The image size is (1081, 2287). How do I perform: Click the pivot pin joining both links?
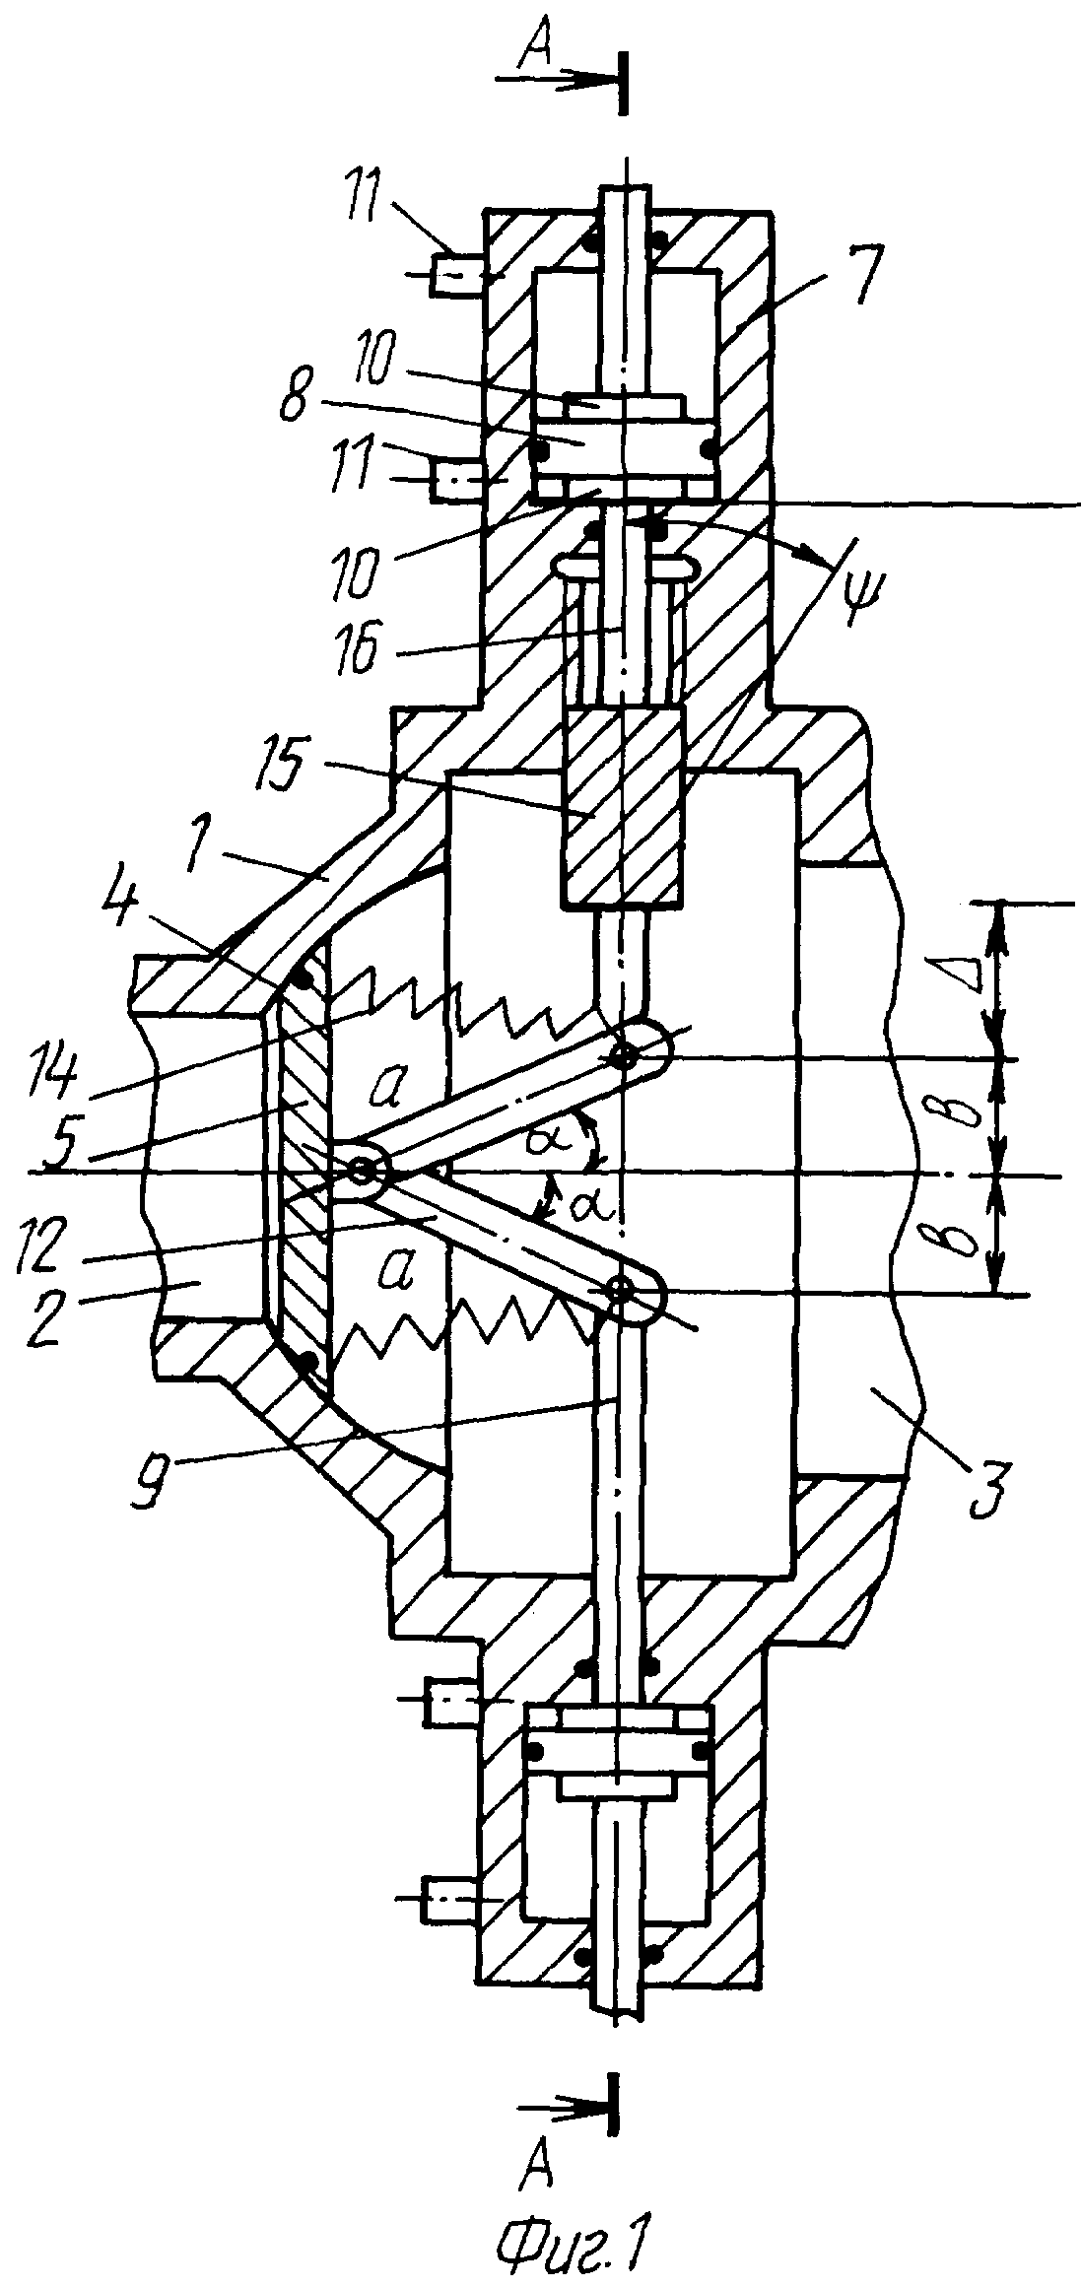pos(361,1172)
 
